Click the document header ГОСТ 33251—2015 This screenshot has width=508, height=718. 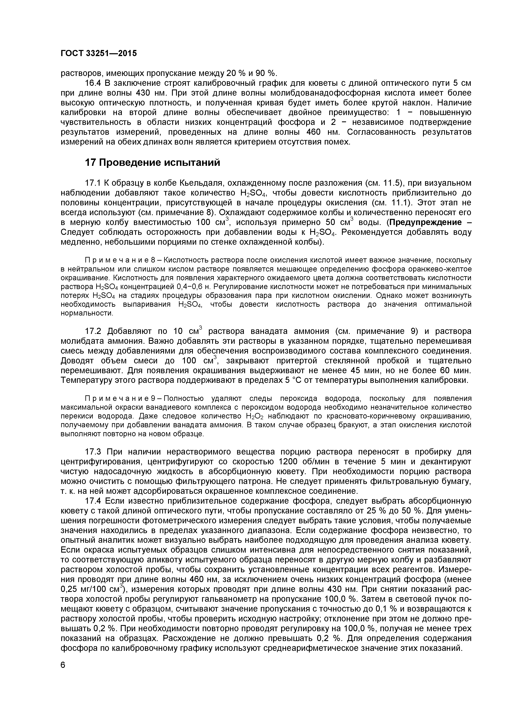(98, 53)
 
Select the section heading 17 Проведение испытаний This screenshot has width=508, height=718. (153, 163)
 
